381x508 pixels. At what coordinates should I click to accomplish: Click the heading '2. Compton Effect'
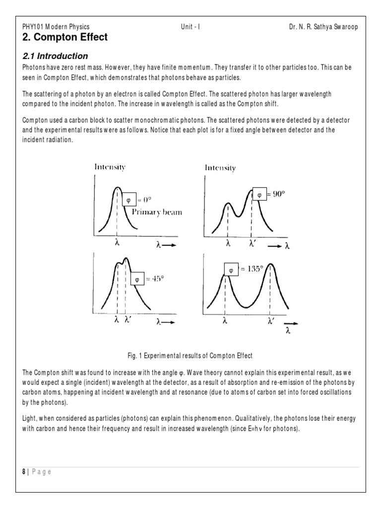pos(65,37)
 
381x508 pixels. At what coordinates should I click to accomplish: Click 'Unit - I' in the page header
pos(191,27)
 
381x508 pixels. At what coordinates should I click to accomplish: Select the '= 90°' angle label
pos(276,194)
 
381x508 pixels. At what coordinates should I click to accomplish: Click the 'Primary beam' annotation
pos(157,212)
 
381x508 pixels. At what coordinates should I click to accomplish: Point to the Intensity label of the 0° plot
pos(110,167)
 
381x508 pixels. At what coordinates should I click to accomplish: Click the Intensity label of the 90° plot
pos(220,168)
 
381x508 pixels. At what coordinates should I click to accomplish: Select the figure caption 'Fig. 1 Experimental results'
pos(190,355)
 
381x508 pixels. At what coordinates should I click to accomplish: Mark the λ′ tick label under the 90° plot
pos(252,244)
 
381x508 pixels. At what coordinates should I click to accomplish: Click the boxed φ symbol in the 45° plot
pos(137,279)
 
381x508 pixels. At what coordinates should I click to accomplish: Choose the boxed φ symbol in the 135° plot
pos(231,270)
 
